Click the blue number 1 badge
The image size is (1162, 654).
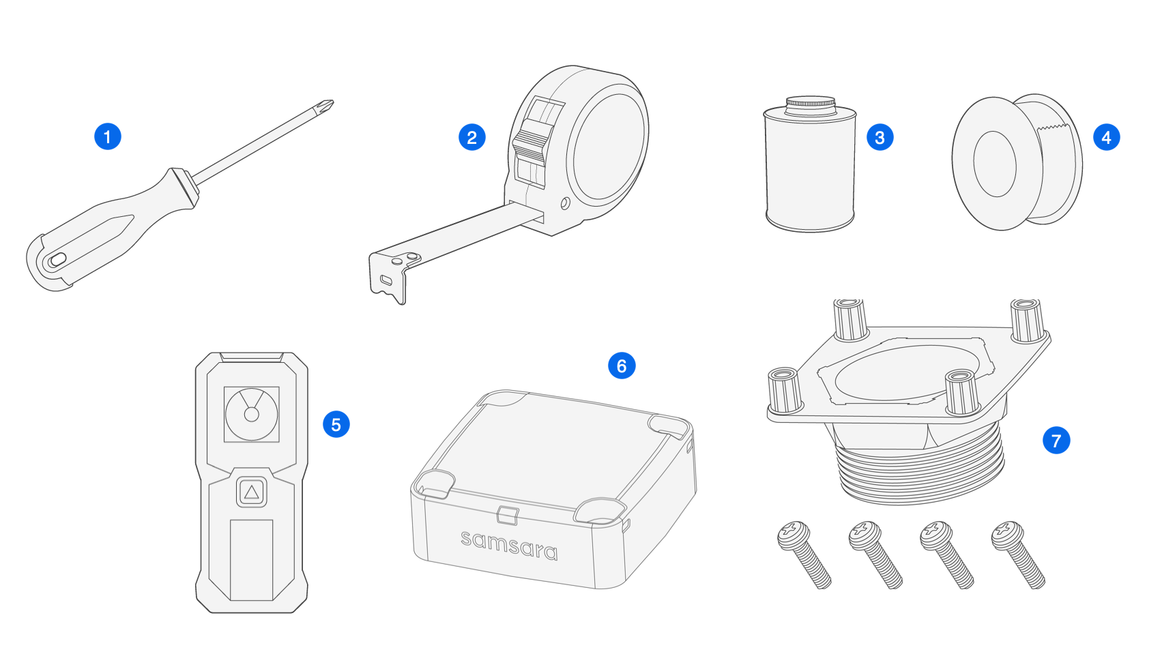click(x=107, y=136)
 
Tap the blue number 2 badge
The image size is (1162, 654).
click(x=471, y=137)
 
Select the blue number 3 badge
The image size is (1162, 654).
click(x=880, y=137)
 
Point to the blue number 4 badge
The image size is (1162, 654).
click(x=1106, y=137)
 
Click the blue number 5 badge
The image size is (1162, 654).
click(x=336, y=424)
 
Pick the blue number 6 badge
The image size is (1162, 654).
click(x=621, y=366)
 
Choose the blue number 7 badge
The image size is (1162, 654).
click(x=1056, y=441)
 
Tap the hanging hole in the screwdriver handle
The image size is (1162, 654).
click(x=57, y=259)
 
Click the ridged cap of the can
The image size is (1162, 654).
click(x=811, y=104)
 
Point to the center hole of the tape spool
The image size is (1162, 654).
click(x=994, y=164)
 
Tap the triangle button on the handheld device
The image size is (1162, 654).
click(x=251, y=492)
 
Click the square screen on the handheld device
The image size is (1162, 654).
click(x=251, y=414)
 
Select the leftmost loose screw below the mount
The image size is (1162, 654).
click(x=804, y=554)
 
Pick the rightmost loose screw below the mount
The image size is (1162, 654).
click(x=1017, y=554)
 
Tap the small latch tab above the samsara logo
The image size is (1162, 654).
click(x=507, y=515)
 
